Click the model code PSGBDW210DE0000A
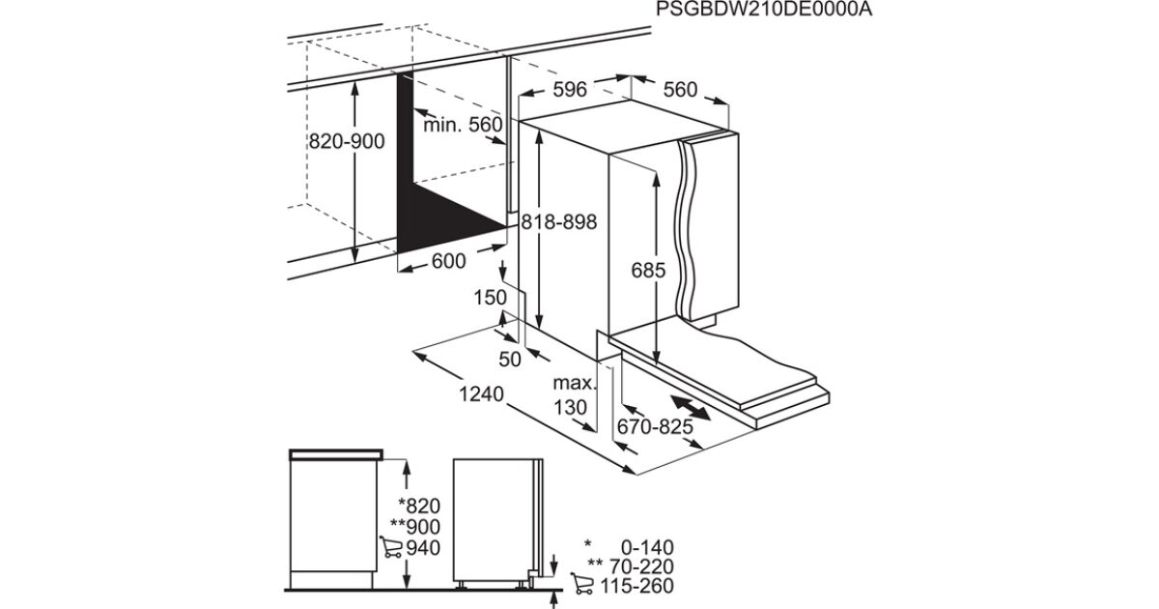(x=764, y=10)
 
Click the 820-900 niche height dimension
(x=347, y=141)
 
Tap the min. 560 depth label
(x=463, y=125)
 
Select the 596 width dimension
(x=570, y=90)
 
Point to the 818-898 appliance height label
(x=559, y=222)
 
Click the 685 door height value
(x=648, y=271)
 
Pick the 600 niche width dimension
(x=448, y=261)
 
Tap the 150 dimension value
(x=490, y=298)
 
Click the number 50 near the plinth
(x=510, y=360)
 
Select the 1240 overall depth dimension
(x=481, y=394)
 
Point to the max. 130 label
(x=574, y=395)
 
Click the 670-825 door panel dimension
(x=655, y=426)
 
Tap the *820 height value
(x=418, y=506)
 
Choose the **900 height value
(x=415, y=527)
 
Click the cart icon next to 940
(x=390, y=547)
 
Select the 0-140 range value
(x=647, y=547)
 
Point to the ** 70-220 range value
(x=631, y=566)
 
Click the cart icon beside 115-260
(x=582, y=584)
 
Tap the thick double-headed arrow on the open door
(x=691, y=408)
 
